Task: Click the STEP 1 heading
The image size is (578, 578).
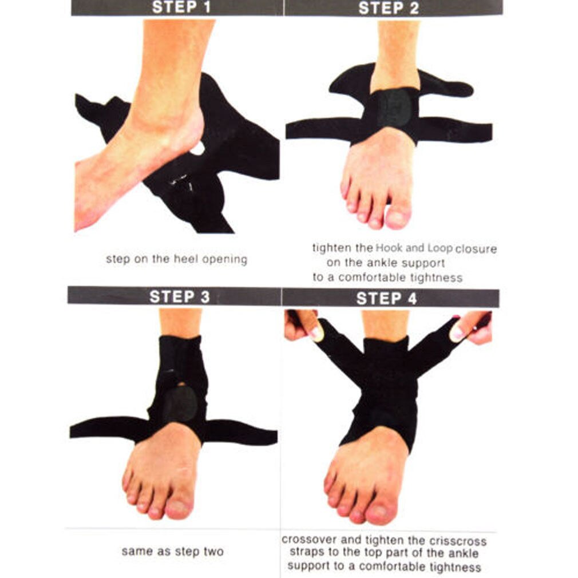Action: (x=181, y=7)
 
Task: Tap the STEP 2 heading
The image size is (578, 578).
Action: (x=389, y=8)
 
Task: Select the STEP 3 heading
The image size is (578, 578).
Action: (x=180, y=297)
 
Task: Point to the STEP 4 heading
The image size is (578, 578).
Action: (x=386, y=299)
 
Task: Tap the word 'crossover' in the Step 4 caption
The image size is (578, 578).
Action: (x=308, y=540)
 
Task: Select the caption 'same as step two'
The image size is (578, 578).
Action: (x=172, y=552)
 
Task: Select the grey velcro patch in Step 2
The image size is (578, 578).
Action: (x=394, y=107)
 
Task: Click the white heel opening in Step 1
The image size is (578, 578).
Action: (x=197, y=148)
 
